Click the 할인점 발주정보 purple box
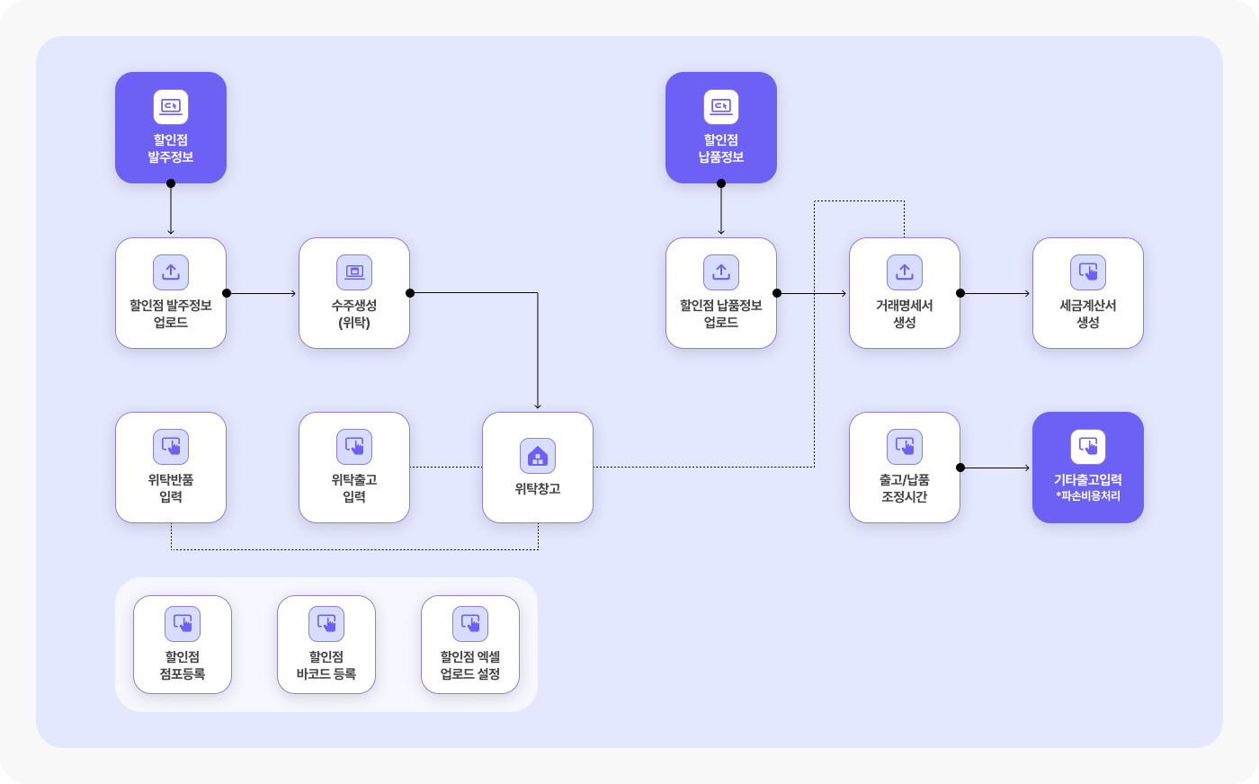point(171,128)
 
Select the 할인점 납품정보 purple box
point(721,128)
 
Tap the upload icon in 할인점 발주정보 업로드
point(171,272)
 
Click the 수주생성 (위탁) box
point(354,293)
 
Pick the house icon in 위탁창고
point(538,456)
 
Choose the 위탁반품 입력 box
point(171,468)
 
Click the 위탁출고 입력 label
point(354,488)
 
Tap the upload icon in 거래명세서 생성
point(905,272)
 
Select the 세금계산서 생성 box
point(1088,293)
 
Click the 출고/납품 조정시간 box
point(905,468)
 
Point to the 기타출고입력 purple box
point(1088,468)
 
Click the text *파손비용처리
point(1088,495)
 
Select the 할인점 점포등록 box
point(183,645)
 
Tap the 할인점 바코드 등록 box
point(326,645)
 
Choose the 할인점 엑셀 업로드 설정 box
point(470,645)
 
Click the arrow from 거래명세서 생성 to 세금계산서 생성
point(995,293)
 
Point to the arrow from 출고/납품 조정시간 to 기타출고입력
point(995,468)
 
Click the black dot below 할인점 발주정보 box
point(171,183)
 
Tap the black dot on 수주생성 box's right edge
point(410,293)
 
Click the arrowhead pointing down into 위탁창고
point(538,405)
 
